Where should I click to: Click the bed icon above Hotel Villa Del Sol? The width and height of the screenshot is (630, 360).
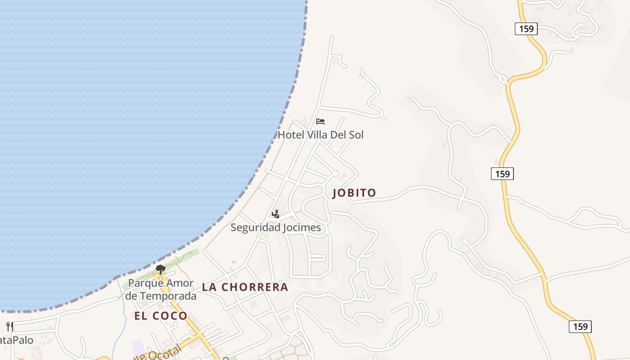pos(320,121)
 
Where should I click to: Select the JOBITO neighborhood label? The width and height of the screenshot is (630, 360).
pos(354,193)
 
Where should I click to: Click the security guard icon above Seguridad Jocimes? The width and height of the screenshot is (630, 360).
pos(275,214)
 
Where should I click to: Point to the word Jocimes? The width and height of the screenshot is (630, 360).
pos(302,228)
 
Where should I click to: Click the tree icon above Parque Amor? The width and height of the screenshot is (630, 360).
pos(160,270)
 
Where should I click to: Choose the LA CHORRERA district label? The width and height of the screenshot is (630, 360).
pos(245,287)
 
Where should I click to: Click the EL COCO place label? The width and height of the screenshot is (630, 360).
pos(161,316)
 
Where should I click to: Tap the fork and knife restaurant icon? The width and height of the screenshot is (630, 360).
pos(10,326)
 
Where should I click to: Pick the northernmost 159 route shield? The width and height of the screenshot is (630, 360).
pos(526,29)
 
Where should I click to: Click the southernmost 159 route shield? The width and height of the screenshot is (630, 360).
pos(580,327)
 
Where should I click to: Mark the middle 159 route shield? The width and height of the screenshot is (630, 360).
pos(502,174)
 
